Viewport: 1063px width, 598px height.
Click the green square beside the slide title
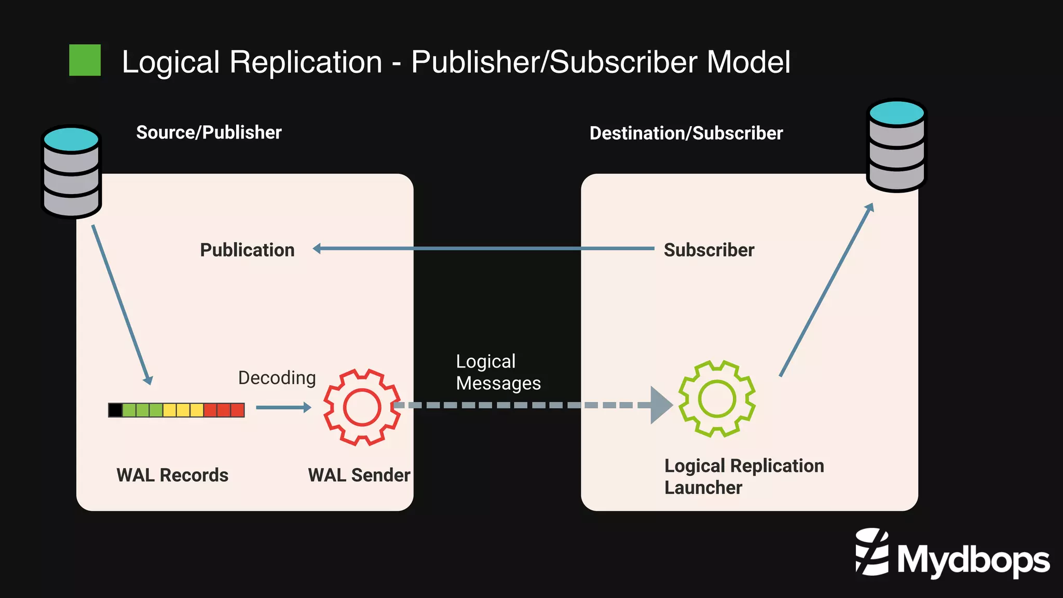tap(85, 60)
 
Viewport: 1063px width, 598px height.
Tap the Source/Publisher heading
tap(209, 132)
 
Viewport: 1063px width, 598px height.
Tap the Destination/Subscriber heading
tap(686, 133)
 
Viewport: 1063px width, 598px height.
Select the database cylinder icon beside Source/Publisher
tap(71, 171)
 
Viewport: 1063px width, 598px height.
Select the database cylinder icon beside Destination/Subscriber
tap(896, 145)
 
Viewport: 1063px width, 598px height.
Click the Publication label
tap(247, 250)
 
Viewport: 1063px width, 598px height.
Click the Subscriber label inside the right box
tap(708, 250)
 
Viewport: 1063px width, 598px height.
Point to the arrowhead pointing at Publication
tap(317, 249)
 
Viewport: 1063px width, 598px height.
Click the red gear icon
tap(362, 407)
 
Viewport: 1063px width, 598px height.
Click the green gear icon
tap(717, 399)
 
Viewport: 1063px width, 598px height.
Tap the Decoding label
tap(277, 378)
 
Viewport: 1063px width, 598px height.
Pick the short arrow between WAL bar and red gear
tap(283, 407)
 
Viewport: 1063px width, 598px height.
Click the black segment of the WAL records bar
tap(115, 410)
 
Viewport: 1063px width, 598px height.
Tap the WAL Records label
tap(172, 475)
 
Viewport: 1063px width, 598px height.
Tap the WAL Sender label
tap(359, 475)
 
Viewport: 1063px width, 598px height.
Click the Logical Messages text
tap(497, 372)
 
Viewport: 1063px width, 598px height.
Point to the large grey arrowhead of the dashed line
tap(660, 405)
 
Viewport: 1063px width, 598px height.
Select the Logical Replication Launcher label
tap(743, 477)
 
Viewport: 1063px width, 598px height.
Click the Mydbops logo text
tap(973, 560)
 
